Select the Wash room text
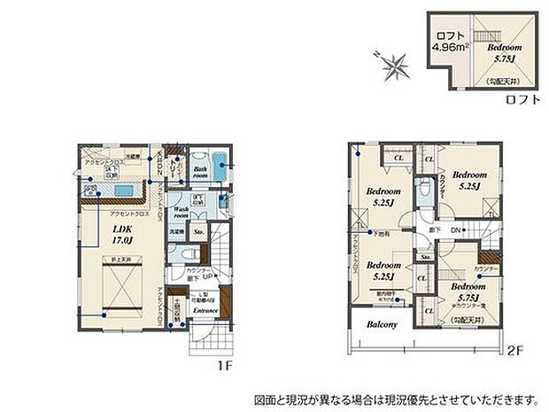coord(181,214)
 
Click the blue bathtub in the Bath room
coord(221,165)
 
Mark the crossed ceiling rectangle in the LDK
coord(121,291)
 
